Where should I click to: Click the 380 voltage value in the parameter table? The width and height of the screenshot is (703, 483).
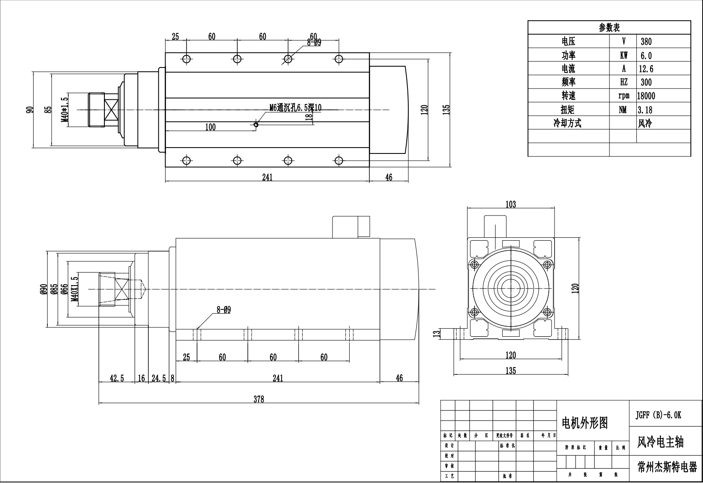pos(646,42)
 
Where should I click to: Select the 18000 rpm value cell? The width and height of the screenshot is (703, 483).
pos(646,96)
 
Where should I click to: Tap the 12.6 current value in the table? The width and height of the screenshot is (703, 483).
pos(646,69)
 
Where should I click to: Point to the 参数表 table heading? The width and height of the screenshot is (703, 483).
pos(609,28)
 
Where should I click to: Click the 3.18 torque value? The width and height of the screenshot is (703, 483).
pos(645,110)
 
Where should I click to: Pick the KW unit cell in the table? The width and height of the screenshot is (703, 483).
pos(623,55)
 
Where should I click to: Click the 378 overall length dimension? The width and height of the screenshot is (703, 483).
pos(259,399)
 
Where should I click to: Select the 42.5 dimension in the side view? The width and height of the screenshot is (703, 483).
pos(117,378)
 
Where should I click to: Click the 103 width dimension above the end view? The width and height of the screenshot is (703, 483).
pos(511,205)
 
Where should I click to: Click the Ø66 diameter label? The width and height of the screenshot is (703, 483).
pos(65,289)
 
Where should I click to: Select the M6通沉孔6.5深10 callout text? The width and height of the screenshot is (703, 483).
pos(295,107)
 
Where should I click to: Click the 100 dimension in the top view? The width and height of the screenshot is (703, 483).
pos(210,127)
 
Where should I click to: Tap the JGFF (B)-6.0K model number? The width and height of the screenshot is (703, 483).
pos(659,415)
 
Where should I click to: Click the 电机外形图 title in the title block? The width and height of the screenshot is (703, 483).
pos(584,423)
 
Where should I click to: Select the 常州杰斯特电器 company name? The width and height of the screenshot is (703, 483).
pos(667,467)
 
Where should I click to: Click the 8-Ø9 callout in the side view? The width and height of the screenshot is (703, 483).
pos(223,310)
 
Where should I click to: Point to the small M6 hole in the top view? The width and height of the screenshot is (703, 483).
pos(256,124)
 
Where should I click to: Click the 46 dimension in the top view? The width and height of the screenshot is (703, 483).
pos(389,177)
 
